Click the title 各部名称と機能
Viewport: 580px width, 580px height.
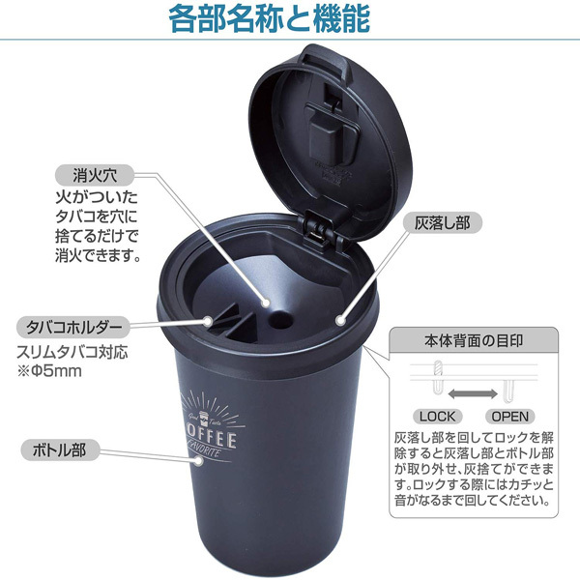coord(290,19)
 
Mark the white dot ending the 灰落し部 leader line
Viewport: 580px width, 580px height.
coord(339,317)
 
